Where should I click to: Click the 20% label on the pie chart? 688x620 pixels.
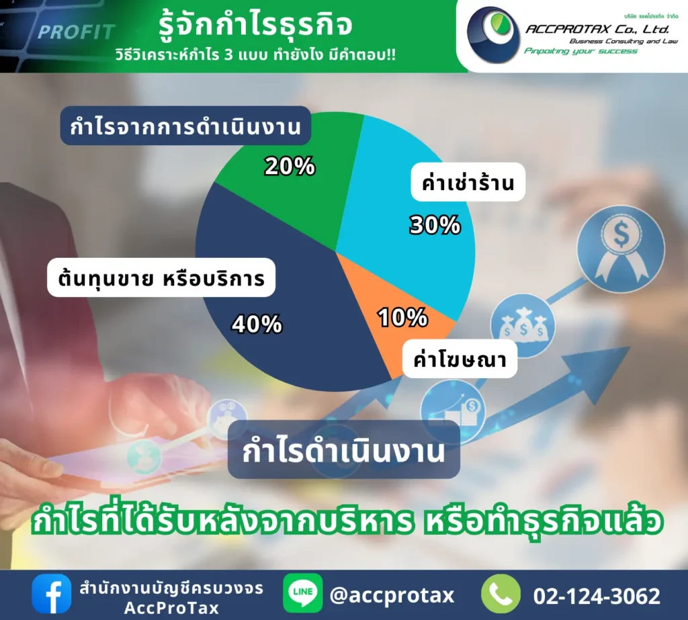(x=290, y=166)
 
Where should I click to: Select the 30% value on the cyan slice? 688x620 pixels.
(x=435, y=226)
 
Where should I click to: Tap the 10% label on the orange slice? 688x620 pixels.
(x=402, y=317)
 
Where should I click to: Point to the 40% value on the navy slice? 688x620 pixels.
(x=257, y=324)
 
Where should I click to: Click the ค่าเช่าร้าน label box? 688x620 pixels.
(x=467, y=181)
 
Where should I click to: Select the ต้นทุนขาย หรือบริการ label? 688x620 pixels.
(x=161, y=277)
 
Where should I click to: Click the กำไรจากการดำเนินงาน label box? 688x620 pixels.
(x=185, y=126)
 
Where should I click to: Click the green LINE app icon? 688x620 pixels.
(x=302, y=594)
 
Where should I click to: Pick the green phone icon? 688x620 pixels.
(x=501, y=594)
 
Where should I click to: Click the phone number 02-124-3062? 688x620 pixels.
(x=597, y=595)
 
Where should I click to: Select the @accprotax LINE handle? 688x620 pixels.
(x=392, y=594)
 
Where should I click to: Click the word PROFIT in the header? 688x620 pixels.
(x=76, y=32)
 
